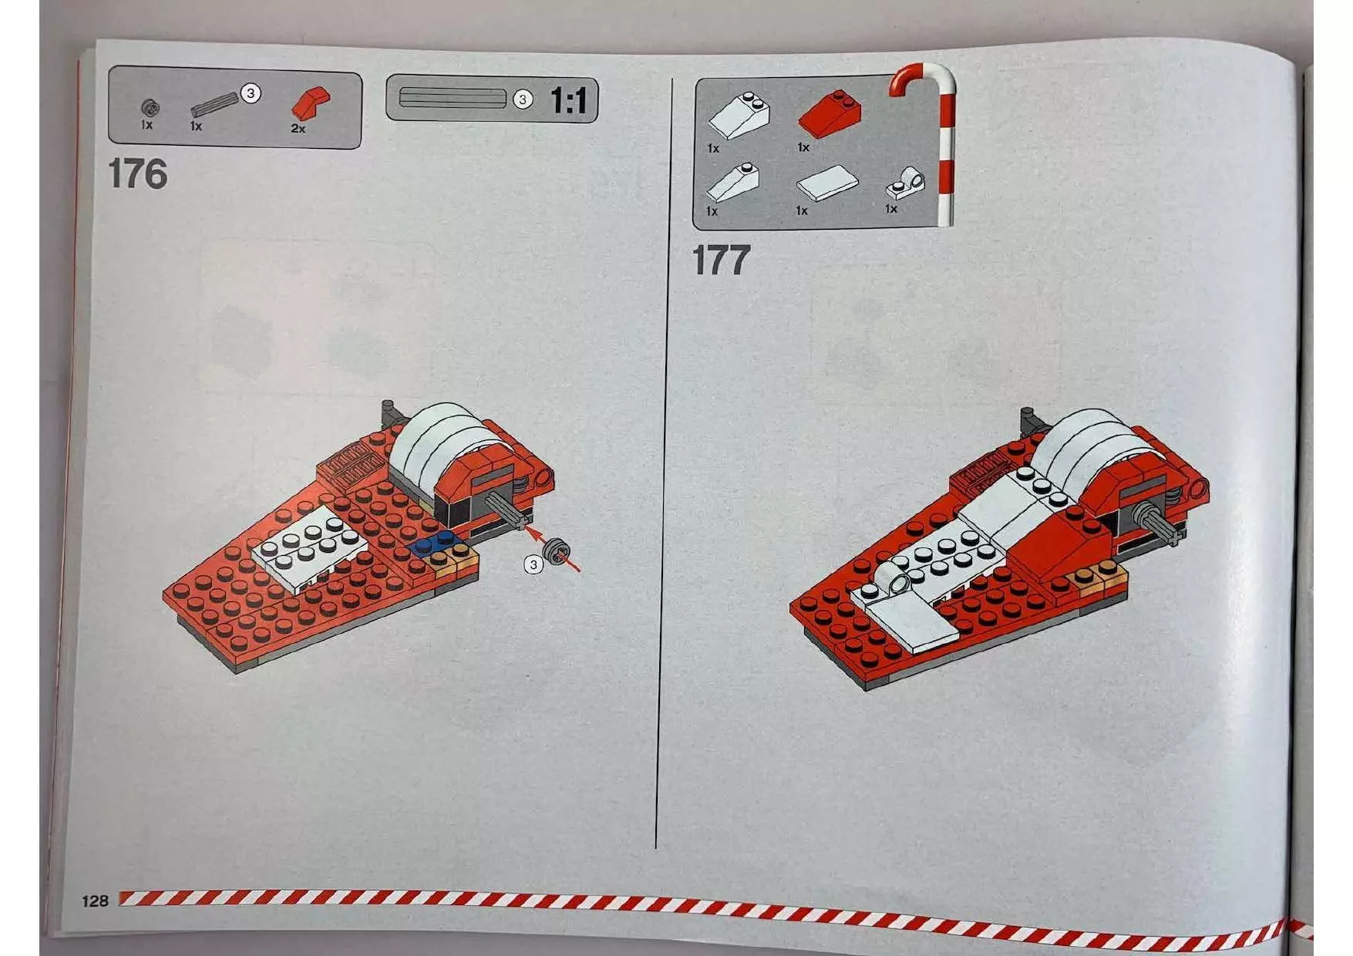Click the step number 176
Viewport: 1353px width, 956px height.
(x=137, y=174)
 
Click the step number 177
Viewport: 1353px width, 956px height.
(x=721, y=261)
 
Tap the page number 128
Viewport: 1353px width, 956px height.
(x=95, y=901)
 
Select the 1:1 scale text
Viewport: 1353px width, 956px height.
(x=568, y=101)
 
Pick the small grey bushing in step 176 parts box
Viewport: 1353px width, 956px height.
(x=150, y=107)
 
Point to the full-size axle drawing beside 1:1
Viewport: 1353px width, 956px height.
(x=453, y=99)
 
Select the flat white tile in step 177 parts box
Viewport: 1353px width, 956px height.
(x=827, y=183)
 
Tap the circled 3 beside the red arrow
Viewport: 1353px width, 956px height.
(x=533, y=564)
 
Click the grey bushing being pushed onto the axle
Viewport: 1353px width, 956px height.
(x=556, y=550)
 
